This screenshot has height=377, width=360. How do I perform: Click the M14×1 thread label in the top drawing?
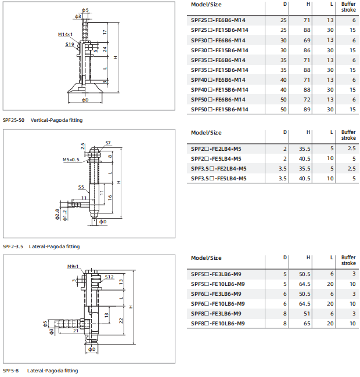[65, 34]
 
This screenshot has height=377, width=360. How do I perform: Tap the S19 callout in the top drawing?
[70, 44]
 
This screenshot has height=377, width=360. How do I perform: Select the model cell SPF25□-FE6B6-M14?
[218, 20]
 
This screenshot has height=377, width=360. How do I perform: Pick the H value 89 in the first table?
[307, 110]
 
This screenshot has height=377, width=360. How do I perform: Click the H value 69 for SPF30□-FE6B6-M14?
[307, 41]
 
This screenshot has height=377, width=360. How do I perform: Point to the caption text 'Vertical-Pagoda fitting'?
[56, 120]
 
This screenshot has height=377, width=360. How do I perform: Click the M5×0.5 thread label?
[71, 159]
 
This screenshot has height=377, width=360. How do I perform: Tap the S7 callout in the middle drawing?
[108, 143]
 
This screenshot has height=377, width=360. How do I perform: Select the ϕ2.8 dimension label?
[57, 214]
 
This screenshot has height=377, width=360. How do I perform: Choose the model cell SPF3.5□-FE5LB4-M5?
[219, 179]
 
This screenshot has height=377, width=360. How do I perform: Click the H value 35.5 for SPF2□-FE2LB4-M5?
[305, 149]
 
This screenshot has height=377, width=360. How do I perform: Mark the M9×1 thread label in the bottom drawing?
[73, 266]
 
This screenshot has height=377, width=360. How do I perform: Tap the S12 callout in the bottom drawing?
[109, 277]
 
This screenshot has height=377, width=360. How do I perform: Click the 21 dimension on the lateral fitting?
[76, 331]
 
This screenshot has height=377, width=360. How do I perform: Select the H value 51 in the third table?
[307, 314]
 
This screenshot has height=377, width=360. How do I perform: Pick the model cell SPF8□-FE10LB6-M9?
[218, 324]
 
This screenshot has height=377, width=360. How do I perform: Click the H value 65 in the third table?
[307, 324]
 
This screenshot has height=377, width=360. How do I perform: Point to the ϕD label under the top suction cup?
[85, 100]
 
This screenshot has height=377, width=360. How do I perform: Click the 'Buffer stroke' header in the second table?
[348, 135]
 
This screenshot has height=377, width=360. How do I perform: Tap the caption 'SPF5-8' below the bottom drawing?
[10, 371]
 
